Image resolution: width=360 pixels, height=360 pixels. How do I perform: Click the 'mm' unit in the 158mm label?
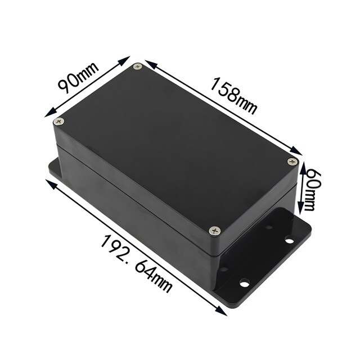246,104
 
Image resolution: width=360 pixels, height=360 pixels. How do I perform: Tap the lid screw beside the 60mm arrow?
291,161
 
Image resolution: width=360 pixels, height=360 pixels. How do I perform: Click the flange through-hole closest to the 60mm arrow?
289,241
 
